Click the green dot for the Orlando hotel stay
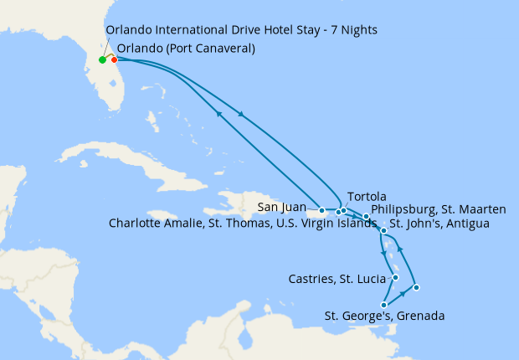[x=102, y=59]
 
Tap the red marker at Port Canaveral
[x=114, y=59]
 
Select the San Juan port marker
[x=321, y=210]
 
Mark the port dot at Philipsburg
[x=366, y=217]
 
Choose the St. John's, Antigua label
[x=439, y=224]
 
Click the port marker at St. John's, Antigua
[x=383, y=230]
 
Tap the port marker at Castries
[x=395, y=278]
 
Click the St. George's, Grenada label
[x=384, y=316]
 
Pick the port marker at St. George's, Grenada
[x=383, y=305]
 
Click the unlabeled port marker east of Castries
[x=416, y=288]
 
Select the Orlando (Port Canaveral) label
[x=186, y=49]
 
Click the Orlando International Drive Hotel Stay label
[x=241, y=30]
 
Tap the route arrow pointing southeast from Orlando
[x=243, y=114]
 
